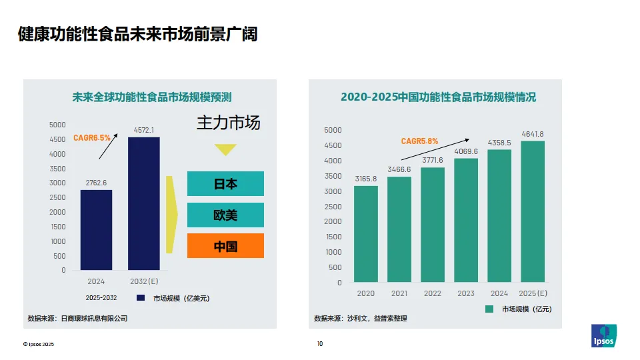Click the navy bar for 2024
click(x=97, y=230)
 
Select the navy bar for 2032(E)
click(x=143, y=203)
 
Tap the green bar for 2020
click(x=366, y=233)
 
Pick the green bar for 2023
click(x=466, y=220)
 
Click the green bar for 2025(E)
click(x=533, y=211)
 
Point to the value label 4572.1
click(x=143, y=130)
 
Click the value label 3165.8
click(x=366, y=179)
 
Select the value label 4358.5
click(x=499, y=143)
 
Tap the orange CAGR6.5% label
click(x=91, y=138)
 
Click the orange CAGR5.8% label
click(x=419, y=141)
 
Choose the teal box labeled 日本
click(x=225, y=184)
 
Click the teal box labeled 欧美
click(x=225, y=215)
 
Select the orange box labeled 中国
click(x=225, y=246)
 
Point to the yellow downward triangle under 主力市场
click(x=225, y=149)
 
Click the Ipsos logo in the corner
click(x=604, y=335)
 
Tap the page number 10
click(x=319, y=344)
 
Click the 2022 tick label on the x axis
click(x=433, y=293)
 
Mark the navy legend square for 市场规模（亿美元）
click(x=141, y=298)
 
